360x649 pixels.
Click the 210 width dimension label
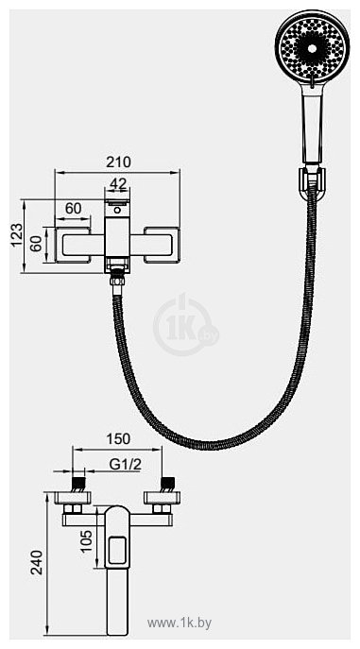pyautogui.click(x=118, y=162)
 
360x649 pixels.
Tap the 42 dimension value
pyautogui.click(x=118, y=184)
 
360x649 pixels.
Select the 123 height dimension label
pyautogui.click(x=16, y=235)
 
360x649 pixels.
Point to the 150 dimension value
pyautogui.click(x=118, y=438)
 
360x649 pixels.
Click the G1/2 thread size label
pyautogui.click(x=126, y=465)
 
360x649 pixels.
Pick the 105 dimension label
pyautogui.click(x=87, y=541)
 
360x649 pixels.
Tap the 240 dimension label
pyautogui.click(x=37, y=562)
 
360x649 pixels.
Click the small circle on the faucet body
pyautogui.click(x=117, y=211)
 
